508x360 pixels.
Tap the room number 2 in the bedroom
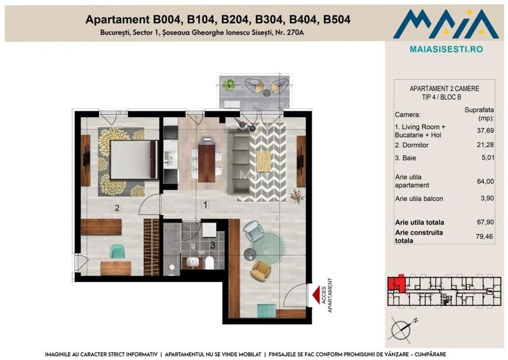[117, 207]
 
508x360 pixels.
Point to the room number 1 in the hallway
[205, 205]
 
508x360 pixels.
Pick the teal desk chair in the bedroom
[117, 251]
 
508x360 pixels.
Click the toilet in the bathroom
[210, 262]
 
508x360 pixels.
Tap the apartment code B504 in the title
[332, 20]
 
